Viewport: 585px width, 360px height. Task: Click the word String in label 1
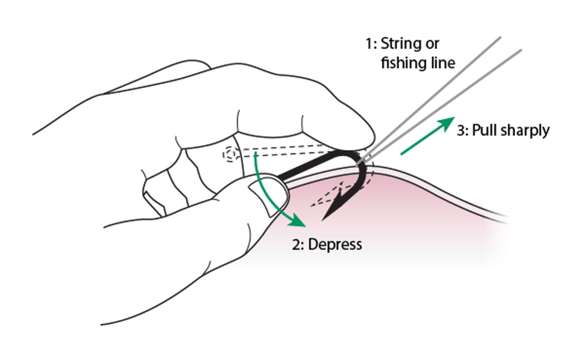[x=401, y=45]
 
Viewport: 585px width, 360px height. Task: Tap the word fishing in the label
[x=403, y=63]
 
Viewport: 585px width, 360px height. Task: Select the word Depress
[x=337, y=243]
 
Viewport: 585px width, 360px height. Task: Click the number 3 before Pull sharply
[x=461, y=130]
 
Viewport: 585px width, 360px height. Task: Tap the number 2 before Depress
[x=296, y=243]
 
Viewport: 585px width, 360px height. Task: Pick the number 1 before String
[x=370, y=44]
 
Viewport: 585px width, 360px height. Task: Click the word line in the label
[x=443, y=63]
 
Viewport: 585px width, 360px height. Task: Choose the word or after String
[x=431, y=45]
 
